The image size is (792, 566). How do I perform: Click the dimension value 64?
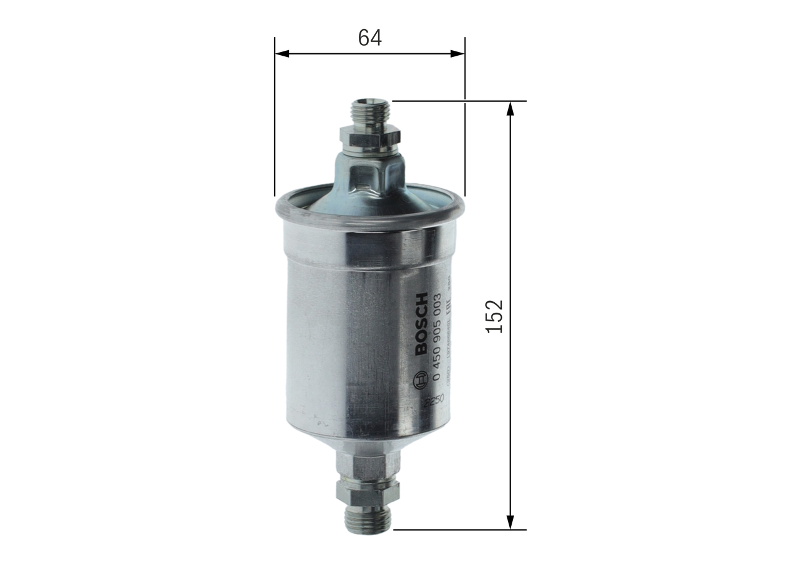[370, 38]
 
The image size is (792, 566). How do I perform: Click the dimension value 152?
[494, 316]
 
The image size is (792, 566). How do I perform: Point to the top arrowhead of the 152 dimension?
[510, 108]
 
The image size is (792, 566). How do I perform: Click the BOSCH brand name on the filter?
[421, 323]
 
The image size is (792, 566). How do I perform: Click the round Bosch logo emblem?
[421, 379]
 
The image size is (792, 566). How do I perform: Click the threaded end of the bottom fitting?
[368, 519]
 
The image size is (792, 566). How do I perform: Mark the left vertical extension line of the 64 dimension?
[275, 118]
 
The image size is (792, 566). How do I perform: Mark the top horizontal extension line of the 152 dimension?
[458, 100]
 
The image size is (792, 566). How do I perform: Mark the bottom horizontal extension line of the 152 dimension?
[458, 529]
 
